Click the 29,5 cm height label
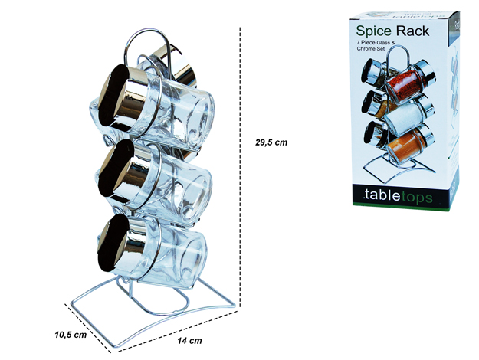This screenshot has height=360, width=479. pyautogui.click(x=271, y=142)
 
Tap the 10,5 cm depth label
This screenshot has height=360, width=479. pyautogui.click(x=71, y=335)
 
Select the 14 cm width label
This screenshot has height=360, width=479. pyautogui.click(x=189, y=340)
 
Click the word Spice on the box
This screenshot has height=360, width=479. pyautogui.click(x=373, y=31)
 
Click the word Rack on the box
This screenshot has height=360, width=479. pyautogui.click(x=413, y=31)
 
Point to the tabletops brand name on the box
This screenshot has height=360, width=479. pyautogui.click(x=399, y=196)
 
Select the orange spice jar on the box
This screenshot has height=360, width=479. pyautogui.click(x=410, y=145)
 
